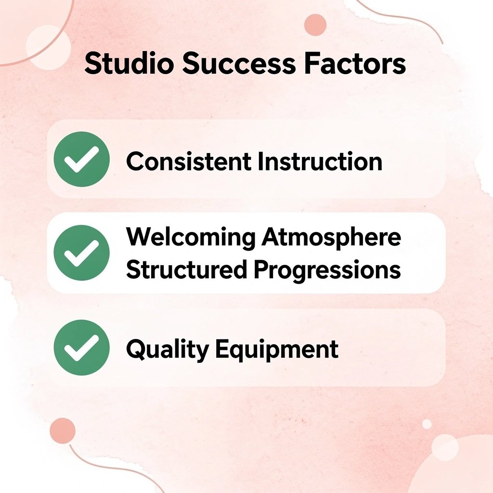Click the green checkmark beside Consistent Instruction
click(x=81, y=159)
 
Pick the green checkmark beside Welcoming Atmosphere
click(x=81, y=253)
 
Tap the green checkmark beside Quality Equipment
click(x=81, y=347)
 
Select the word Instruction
click(x=320, y=161)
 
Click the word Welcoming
click(x=191, y=238)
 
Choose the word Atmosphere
click(x=332, y=238)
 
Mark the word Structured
click(x=186, y=270)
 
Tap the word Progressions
click(x=327, y=270)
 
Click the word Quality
click(x=167, y=350)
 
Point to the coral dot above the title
click(x=315, y=25)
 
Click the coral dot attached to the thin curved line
click(x=63, y=430)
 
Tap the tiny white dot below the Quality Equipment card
click(x=427, y=424)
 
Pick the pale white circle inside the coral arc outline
click(x=45, y=47)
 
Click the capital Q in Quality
click(x=135, y=349)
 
